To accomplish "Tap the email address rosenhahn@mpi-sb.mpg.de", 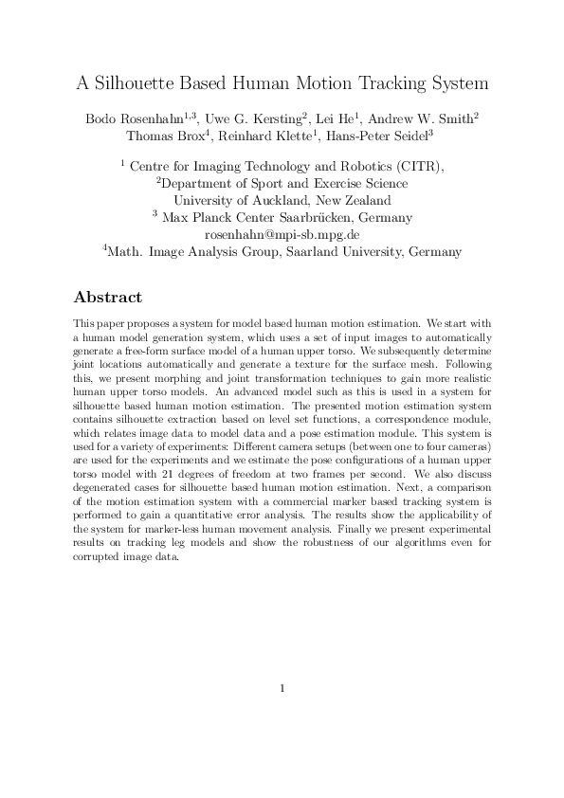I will tap(282, 234).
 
